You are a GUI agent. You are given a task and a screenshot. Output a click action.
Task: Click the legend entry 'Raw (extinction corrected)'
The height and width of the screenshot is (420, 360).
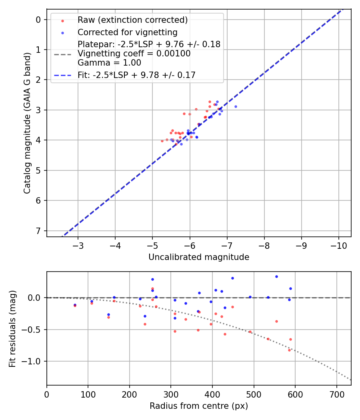pos(132,20)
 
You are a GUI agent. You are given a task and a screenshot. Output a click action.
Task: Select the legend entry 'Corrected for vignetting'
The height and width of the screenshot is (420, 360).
pos(127,32)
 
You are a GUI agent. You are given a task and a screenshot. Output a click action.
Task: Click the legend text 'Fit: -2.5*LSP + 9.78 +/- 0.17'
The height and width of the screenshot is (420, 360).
pos(136,75)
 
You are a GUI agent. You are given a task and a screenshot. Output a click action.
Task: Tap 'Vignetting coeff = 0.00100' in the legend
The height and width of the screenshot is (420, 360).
pos(134,53)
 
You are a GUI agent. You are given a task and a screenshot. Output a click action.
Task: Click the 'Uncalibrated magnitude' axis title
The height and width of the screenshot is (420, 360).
pos(199,257)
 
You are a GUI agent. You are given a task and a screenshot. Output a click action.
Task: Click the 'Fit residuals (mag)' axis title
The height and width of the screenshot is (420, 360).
pos(12,328)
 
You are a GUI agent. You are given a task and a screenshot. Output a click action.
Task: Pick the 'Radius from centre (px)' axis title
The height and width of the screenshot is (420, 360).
pos(199,406)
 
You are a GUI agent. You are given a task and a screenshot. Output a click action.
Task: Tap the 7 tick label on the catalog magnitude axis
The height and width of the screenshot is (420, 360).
pos(39,231)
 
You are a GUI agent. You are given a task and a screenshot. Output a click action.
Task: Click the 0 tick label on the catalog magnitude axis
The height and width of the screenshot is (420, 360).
pos(39,20)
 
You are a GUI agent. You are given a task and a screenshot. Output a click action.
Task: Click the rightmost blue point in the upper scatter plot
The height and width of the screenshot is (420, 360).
pos(236,106)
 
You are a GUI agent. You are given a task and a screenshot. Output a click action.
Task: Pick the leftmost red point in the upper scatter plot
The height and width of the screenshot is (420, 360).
pos(162,141)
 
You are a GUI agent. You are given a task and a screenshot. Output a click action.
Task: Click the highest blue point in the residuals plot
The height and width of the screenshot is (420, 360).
pos(276,276)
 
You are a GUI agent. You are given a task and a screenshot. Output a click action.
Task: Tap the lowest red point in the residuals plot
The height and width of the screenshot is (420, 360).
pos(289,350)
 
